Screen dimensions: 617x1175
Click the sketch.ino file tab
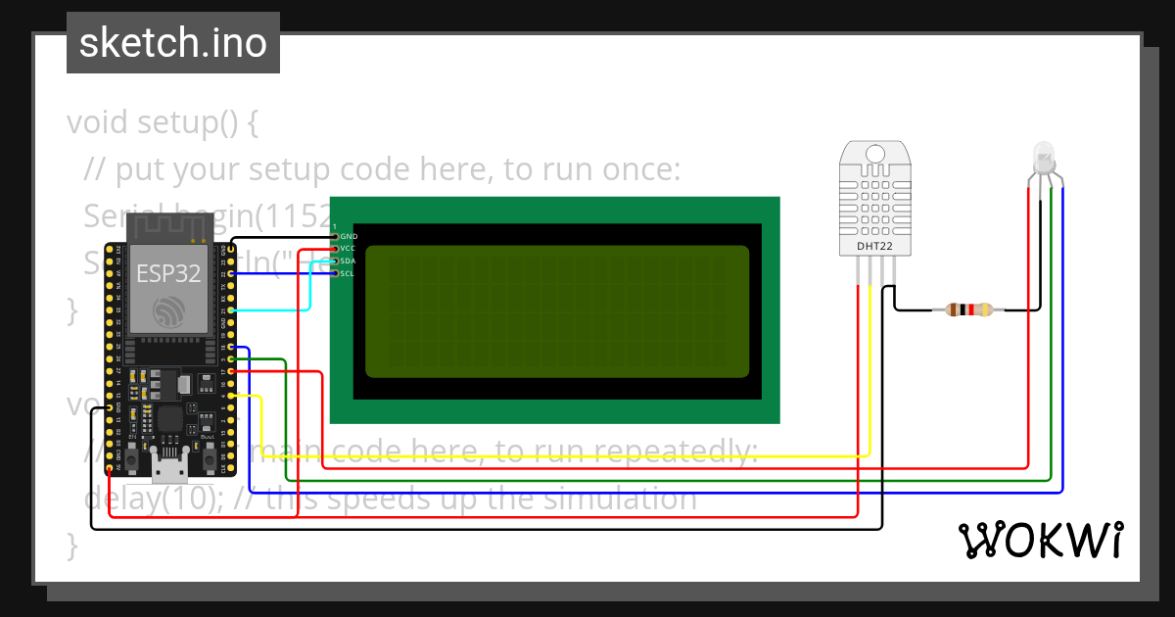point(173,43)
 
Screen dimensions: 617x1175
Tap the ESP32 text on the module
point(168,272)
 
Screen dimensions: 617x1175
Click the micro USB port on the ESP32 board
point(169,467)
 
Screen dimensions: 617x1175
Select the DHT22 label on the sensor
point(874,246)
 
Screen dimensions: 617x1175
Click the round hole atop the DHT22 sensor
point(874,153)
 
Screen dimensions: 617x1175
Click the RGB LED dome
point(1044,156)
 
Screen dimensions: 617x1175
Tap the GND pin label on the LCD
point(349,237)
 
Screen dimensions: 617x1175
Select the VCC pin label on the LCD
point(349,249)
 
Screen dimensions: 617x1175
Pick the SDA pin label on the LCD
point(349,261)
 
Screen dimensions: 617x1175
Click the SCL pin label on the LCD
point(349,273)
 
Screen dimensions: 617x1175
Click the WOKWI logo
point(1040,540)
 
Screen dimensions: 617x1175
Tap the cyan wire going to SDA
point(309,289)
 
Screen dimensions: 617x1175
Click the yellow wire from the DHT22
point(587,456)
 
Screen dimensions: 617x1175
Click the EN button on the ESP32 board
point(131,457)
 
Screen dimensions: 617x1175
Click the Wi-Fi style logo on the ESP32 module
point(168,312)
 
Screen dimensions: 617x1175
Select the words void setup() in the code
point(162,123)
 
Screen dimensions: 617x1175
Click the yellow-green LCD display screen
point(557,311)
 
